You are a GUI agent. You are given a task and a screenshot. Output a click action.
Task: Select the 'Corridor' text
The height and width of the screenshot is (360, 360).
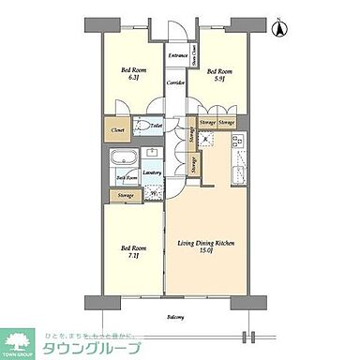pos(174,83)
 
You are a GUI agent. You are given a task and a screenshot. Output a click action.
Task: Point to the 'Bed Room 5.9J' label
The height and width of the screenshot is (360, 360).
pos(218,74)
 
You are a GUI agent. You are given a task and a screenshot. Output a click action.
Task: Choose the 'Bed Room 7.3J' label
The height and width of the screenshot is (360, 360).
pos(132,252)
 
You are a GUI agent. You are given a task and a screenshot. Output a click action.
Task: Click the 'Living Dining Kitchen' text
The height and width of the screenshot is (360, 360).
pos(205,243)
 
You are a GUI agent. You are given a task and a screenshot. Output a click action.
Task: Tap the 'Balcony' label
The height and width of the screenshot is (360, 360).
pos(175,317)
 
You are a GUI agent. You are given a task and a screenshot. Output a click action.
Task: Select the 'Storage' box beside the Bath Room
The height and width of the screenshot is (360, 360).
pos(125,195)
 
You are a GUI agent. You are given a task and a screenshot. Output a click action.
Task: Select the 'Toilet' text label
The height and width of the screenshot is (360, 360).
pos(157,124)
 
